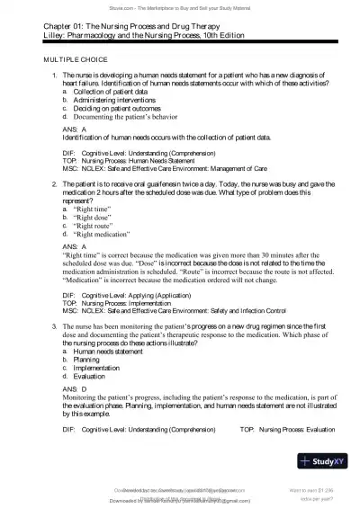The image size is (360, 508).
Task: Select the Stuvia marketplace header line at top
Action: (x=179, y=5)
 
